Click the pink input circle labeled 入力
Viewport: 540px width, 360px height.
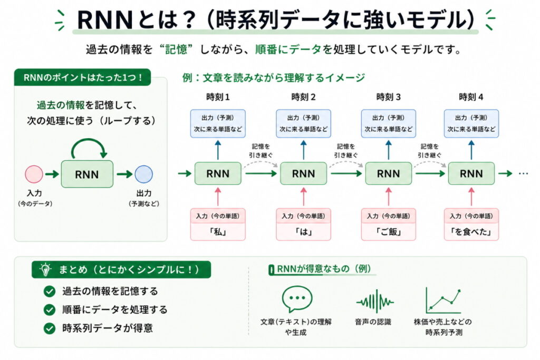click(34, 174)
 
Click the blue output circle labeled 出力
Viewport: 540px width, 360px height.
click(143, 174)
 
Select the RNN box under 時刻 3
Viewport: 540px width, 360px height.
click(388, 173)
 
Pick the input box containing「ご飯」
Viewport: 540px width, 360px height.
click(388, 225)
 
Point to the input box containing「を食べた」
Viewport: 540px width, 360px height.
click(471, 225)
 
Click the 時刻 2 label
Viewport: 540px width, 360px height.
click(303, 97)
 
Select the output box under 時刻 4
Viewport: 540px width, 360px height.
click(471, 123)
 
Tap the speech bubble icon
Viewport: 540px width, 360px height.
click(297, 299)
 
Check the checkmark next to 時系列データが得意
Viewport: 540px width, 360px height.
click(50, 328)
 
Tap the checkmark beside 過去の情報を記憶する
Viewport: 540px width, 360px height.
click(50, 291)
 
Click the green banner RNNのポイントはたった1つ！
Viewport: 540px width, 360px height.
click(82, 78)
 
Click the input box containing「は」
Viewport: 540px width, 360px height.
click(303, 225)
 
